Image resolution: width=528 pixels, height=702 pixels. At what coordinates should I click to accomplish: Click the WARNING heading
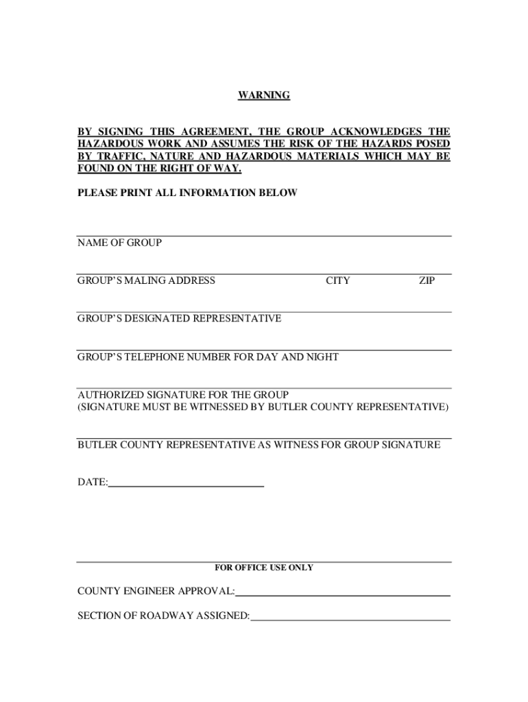tap(264, 95)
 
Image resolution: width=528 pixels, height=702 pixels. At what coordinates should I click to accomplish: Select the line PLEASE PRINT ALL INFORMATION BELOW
tap(187, 193)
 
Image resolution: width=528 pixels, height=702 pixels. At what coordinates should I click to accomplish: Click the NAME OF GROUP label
tap(119, 243)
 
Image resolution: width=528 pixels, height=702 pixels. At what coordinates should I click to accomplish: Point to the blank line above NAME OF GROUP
tap(264, 236)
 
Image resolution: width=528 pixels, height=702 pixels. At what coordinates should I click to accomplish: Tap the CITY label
tap(337, 280)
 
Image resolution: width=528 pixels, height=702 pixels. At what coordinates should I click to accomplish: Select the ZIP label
tap(427, 280)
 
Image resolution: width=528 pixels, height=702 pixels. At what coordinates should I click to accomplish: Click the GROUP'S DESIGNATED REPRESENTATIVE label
tap(179, 319)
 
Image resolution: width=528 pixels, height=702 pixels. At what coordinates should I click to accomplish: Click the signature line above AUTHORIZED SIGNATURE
tap(264, 388)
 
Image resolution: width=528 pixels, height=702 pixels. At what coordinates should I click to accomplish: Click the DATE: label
tap(92, 483)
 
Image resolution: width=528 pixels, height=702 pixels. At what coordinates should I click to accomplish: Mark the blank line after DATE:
tap(186, 485)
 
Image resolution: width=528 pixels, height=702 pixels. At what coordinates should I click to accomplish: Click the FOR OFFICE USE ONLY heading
tap(264, 568)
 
